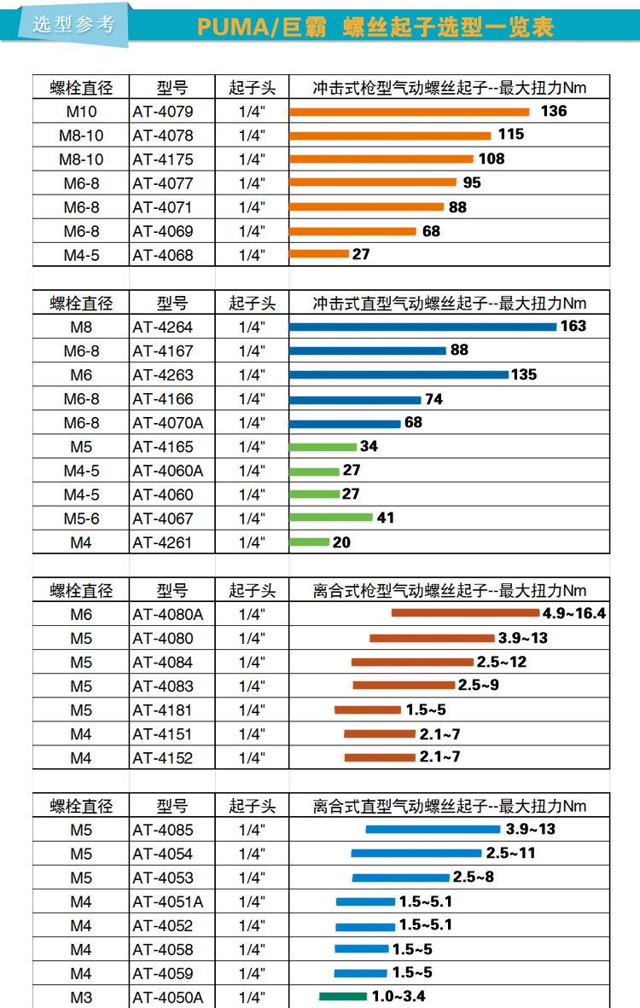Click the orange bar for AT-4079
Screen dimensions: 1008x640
(x=410, y=112)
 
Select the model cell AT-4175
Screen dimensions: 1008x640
(x=163, y=159)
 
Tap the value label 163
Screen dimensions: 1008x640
(x=573, y=326)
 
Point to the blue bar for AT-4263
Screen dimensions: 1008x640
(x=399, y=374)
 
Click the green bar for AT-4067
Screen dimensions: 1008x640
(x=331, y=517)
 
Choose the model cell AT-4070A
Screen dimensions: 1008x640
(x=169, y=423)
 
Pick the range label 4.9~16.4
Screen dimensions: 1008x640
(x=573, y=613)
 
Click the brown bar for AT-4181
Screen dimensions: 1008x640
(x=367, y=710)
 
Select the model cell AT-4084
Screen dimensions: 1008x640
(x=163, y=662)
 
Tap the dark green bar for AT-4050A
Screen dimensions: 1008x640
(x=343, y=996)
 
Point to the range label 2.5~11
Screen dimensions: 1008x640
(x=510, y=853)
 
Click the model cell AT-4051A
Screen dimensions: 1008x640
(x=168, y=901)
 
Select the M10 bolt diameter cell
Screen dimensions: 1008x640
(x=81, y=112)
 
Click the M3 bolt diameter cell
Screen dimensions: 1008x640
(x=81, y=997)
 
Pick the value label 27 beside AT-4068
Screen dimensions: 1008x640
(x=360, y=254)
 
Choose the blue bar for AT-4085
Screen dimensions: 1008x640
(x=433, y=829)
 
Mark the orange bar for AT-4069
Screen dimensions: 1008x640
(x=352, y=231)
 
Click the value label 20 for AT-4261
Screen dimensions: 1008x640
(x=341, y=542)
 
